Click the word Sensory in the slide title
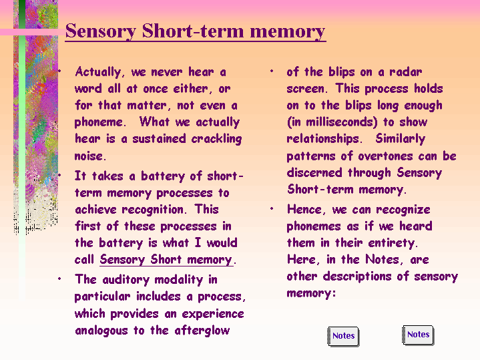point(101,31)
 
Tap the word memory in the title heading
point(288,31)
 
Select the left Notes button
point(343,336)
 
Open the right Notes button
point(418,335)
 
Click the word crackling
point(216,139)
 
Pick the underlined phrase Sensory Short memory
point(166,260)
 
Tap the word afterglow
point(202,331)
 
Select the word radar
point(406,72)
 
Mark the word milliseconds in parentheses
point(340,122)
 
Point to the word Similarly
point(401,139)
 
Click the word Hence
point(304,210)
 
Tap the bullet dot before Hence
point(272,209)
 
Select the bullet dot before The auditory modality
point(59,279)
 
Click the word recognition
point(152,210)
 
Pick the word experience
point(213,314)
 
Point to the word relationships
point(322,139)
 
